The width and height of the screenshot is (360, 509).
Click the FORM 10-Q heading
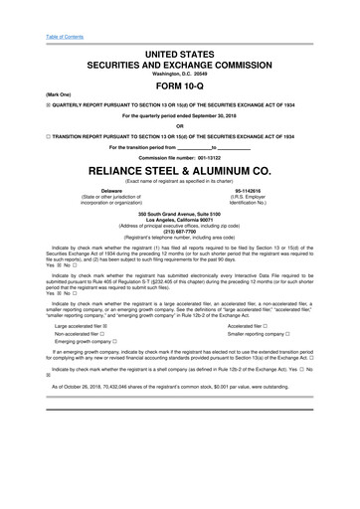[180, 85]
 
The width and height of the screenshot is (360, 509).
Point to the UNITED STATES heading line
[180, 51]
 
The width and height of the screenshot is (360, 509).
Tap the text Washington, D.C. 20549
[180, 73]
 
